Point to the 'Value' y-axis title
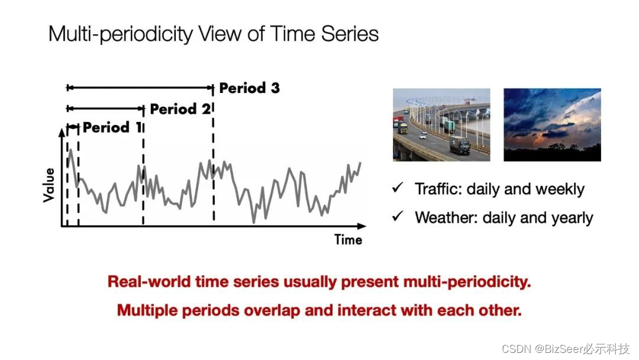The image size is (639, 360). [49, 185]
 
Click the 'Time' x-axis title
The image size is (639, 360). [348, 240]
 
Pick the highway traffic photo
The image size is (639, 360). [441, 125]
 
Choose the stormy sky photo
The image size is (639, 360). [552, 125]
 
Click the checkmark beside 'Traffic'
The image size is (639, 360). [398, 188]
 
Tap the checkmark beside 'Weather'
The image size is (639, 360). [398, 216]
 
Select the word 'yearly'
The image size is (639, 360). [572, 218]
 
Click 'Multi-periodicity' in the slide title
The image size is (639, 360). [121, 34]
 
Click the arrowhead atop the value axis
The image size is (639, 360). [62, 131]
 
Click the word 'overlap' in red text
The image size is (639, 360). [272, 311]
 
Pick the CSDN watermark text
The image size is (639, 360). [566, 349]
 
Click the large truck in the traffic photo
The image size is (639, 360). [460, 146]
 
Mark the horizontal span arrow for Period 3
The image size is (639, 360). [140, 87]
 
